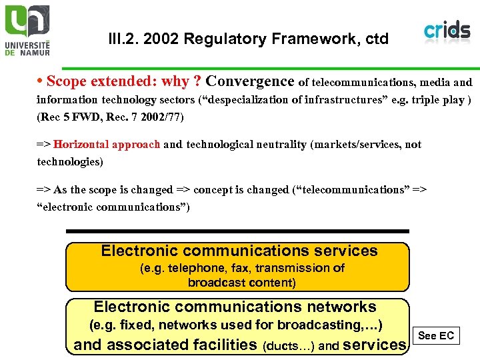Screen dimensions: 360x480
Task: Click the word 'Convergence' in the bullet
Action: (250, 81)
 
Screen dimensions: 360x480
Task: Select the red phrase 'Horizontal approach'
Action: (107, 145)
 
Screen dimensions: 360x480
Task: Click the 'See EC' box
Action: (435, 335)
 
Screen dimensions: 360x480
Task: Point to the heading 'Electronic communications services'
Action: (239, 251)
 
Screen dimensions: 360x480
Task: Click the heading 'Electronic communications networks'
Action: (235, 307)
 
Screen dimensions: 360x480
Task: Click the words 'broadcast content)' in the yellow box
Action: (241, 282)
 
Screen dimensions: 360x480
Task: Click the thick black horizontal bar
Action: (237, 231)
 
